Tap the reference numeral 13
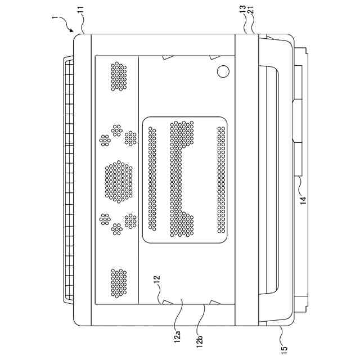click(242, 10)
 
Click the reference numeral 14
click(303, 200)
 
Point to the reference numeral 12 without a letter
click(157, 280)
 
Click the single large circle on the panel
click(223, 71)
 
